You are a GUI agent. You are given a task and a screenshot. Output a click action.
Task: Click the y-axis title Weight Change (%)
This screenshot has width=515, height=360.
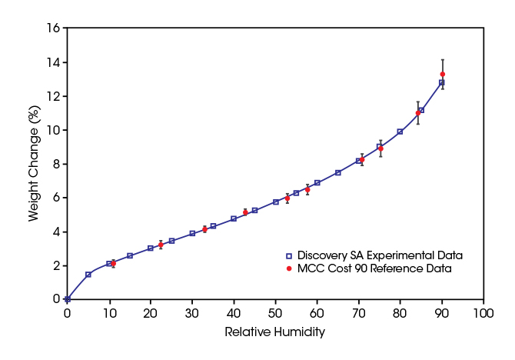(x=34, y=163)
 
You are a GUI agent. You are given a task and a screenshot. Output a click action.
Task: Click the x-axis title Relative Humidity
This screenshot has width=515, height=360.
(x=274, y=332)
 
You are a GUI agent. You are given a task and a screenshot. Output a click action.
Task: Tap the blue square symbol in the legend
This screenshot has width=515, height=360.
(x=288, y=255)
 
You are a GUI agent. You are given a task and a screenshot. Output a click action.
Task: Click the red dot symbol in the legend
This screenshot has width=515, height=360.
(x=288, y=268)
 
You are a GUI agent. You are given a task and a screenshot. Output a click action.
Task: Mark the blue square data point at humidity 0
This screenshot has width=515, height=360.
(x=68, y=299)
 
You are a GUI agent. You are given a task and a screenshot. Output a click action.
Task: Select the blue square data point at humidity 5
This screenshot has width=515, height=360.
(x=88, y=274)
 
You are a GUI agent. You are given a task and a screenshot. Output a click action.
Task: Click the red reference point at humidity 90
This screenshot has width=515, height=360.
(x=442, y=74)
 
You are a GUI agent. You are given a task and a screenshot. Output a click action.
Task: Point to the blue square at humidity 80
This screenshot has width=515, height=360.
(x=400, y=132)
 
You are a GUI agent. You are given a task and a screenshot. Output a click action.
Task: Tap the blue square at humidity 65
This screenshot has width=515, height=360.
(x=338, y=173)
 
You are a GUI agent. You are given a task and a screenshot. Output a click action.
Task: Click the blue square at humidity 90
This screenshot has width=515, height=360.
(x=442, y=82)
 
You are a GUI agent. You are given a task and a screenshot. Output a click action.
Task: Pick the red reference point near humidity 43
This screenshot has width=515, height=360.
(x=245, y=212)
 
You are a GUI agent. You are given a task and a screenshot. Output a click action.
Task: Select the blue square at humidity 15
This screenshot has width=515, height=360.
(x=130, y=255)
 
